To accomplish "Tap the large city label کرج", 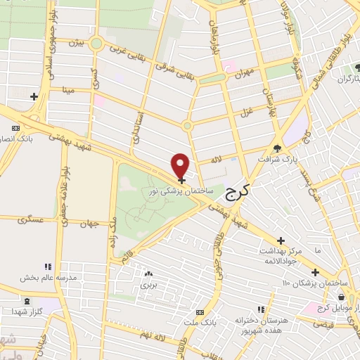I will [238, 191].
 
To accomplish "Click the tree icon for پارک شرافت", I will [278, 148].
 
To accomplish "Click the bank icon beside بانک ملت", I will [200, 311].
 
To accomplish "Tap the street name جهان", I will [87, 224].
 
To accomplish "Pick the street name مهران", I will [243, 72].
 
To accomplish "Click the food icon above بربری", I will [148, 274].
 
